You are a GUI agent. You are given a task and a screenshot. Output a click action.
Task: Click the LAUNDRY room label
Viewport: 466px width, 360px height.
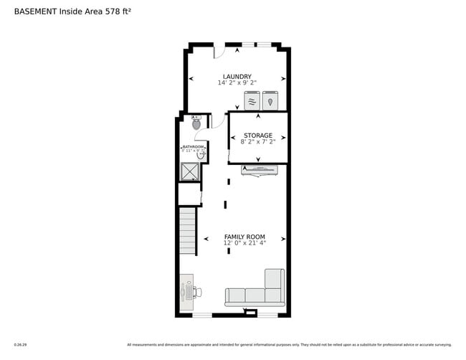click(237, 76)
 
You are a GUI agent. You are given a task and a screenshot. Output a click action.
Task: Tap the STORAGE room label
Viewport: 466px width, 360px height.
click(258, 135)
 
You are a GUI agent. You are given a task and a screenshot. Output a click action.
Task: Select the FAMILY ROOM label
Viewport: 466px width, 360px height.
click(244, 237)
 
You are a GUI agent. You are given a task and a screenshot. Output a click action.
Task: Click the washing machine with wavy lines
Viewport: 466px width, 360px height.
click(252, 101)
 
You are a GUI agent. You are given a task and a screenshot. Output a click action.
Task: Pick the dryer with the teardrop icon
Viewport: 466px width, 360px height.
click(270, 101)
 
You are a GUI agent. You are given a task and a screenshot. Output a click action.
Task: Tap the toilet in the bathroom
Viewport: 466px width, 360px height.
click(196, 123)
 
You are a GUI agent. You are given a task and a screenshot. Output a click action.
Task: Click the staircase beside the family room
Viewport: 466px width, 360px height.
click(187, 230)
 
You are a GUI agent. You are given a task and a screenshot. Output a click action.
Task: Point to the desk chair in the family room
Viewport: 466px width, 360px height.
click(196, 292)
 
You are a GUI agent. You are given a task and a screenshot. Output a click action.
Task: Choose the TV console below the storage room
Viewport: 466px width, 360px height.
click(259, 170)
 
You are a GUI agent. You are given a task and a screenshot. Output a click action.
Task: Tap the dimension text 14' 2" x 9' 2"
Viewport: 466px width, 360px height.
click(237, 83)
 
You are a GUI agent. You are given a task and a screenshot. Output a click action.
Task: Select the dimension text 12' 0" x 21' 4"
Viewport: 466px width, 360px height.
click(244, 244)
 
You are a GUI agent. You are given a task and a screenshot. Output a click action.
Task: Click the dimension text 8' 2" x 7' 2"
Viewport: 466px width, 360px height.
click(258, 142)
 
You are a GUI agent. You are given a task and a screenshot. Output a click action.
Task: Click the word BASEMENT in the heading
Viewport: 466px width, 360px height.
click(35, 11)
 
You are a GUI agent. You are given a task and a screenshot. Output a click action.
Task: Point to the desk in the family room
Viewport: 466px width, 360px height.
click(186, 293)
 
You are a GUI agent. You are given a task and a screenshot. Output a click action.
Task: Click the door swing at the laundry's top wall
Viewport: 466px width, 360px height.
click(219, 52)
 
